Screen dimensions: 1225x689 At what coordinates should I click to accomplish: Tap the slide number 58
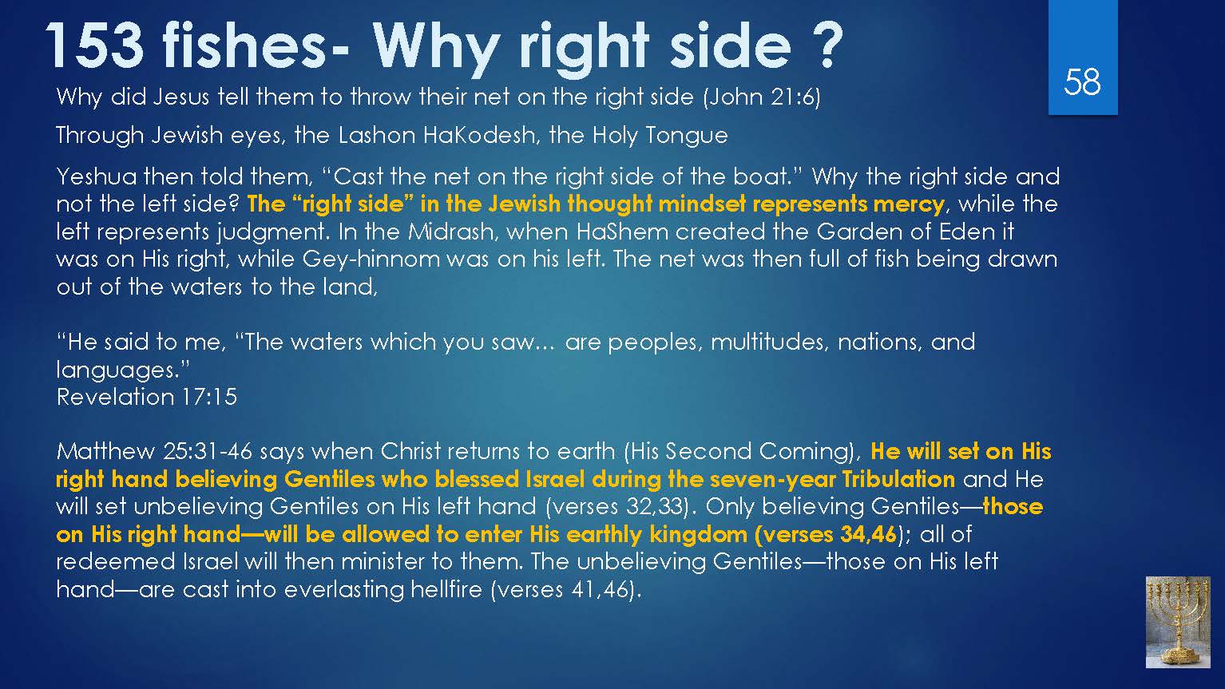tap(1082, 82)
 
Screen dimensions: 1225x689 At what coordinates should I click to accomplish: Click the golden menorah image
tap(1178, 622)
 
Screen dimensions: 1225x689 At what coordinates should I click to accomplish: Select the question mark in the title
tap(824, 45)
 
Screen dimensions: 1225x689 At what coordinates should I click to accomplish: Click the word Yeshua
tap(97, 176)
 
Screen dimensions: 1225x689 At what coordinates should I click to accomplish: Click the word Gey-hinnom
tap(371, 259)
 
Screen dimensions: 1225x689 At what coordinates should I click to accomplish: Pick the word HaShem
tap(622, 232)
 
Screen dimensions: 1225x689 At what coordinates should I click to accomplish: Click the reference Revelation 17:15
tap(147, 397)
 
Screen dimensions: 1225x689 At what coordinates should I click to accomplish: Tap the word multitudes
tap(767, 343)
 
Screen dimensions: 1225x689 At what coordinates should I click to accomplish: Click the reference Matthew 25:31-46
tap(154, 452)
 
